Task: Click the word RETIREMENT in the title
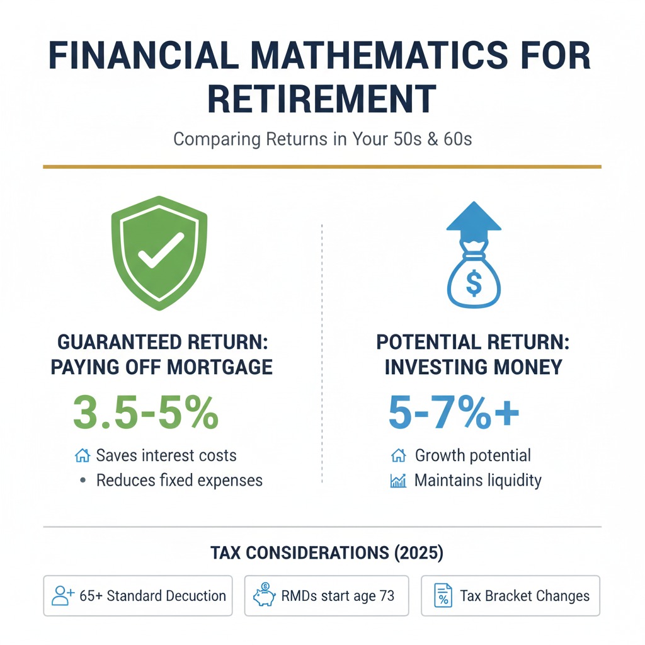click(322, 99)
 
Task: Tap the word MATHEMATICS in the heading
click(379, 55)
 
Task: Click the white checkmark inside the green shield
click(161, 250)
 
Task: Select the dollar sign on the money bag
click(474, 283)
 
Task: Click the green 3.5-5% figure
click(146, 412)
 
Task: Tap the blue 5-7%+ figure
click(454, 412)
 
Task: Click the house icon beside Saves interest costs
click(83, 455)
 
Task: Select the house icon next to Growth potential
click(398, 455)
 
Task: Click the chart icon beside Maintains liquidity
click(398, 481)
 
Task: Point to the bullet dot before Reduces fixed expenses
click(83, 480)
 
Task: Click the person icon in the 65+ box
click(62, 595)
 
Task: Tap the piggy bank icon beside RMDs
click(264, 595)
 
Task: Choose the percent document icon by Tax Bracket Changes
click(443, 595)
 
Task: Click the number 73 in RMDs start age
click(387, 595)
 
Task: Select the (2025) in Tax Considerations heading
click(419, 552)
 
